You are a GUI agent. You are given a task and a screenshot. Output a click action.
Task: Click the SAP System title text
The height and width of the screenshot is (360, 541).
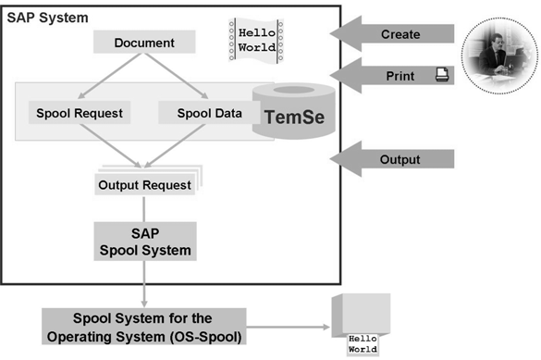pyautogui.click(x=48, y=18)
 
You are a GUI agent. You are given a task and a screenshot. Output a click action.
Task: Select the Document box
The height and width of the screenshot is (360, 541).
pyautogui.click(x=144, y=43)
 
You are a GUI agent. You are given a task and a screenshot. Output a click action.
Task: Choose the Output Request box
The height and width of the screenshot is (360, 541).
pyautogui.click(x=144, y=184)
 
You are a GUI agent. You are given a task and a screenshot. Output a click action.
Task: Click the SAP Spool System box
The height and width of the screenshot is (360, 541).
pyautogui.click(x=144, y=242)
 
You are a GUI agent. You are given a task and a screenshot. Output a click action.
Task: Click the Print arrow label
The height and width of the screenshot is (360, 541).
pyautogui.click(x=400, y=76)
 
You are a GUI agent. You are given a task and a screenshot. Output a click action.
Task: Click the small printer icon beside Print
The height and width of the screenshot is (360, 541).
pyautogui.click(x=441, y=76)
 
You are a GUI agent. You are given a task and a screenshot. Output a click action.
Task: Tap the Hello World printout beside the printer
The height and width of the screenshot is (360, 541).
pyautogui.click(x=362, y=345)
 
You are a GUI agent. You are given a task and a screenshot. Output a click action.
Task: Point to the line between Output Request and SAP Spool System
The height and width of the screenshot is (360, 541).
pyautogui.click(x=144, y=207)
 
